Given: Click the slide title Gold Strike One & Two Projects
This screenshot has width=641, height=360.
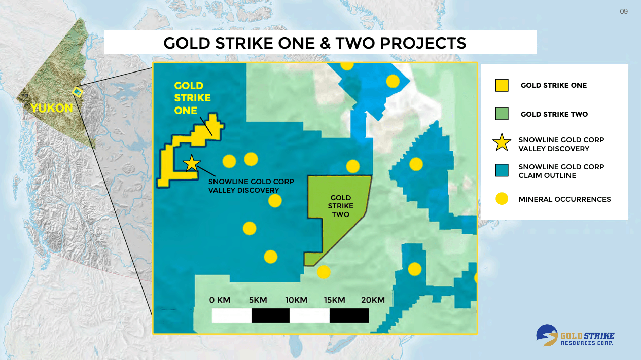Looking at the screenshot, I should pos(315,43).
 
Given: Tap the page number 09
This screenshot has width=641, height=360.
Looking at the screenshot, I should pos(624,11).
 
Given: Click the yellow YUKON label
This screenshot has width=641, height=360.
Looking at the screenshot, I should pos(51,108).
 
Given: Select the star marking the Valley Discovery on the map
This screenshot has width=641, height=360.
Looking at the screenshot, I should pos(192,163).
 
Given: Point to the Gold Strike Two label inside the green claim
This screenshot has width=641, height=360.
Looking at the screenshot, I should pos(341,206).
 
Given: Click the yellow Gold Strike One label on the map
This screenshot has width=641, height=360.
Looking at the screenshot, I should pos(192,98).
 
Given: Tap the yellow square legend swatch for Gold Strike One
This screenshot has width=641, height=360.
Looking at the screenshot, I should pos(502,85).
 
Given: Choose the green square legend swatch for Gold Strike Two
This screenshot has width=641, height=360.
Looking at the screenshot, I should pos(502,114).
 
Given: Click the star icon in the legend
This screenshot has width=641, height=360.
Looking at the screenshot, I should pos(502,143).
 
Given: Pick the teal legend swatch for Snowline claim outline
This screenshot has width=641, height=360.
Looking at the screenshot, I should pos(502,170).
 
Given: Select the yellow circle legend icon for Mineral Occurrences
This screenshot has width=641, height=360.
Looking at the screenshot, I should pos(502,199).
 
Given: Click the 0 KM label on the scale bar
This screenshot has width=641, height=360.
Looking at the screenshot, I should pos(220,300).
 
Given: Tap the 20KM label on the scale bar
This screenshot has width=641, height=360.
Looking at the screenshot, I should pos(373,300).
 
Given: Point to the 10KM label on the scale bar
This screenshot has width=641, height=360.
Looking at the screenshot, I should pos(296,300).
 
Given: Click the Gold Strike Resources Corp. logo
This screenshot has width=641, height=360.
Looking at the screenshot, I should pos(575,336).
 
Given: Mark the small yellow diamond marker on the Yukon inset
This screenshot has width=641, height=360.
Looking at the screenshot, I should pos(77,92).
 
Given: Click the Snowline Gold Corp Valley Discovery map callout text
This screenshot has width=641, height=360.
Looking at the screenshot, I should pos(251,186).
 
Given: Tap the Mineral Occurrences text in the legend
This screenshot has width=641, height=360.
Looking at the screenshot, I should pos(564,199).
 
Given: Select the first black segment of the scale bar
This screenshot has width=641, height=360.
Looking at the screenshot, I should pos(270,315).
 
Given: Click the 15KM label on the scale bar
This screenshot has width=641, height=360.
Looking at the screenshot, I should pos(335,300).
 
